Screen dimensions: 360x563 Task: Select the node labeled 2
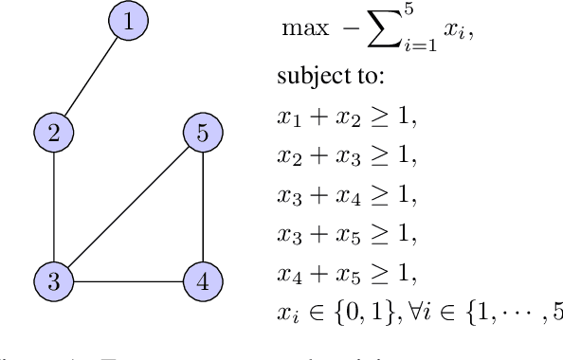54,134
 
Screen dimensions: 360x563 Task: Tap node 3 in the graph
54,280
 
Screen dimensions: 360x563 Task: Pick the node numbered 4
201,280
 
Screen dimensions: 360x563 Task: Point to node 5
201,134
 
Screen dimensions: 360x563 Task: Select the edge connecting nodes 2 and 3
54,207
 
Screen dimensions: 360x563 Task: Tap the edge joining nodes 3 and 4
127,280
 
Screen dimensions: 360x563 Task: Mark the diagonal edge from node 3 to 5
127,207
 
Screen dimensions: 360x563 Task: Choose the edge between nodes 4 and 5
201,207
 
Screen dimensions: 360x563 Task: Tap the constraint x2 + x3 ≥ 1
347,156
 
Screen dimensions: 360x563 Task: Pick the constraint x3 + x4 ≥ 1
347,195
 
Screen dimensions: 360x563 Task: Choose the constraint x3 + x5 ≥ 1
347,234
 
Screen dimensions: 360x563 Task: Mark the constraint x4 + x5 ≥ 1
347,274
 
